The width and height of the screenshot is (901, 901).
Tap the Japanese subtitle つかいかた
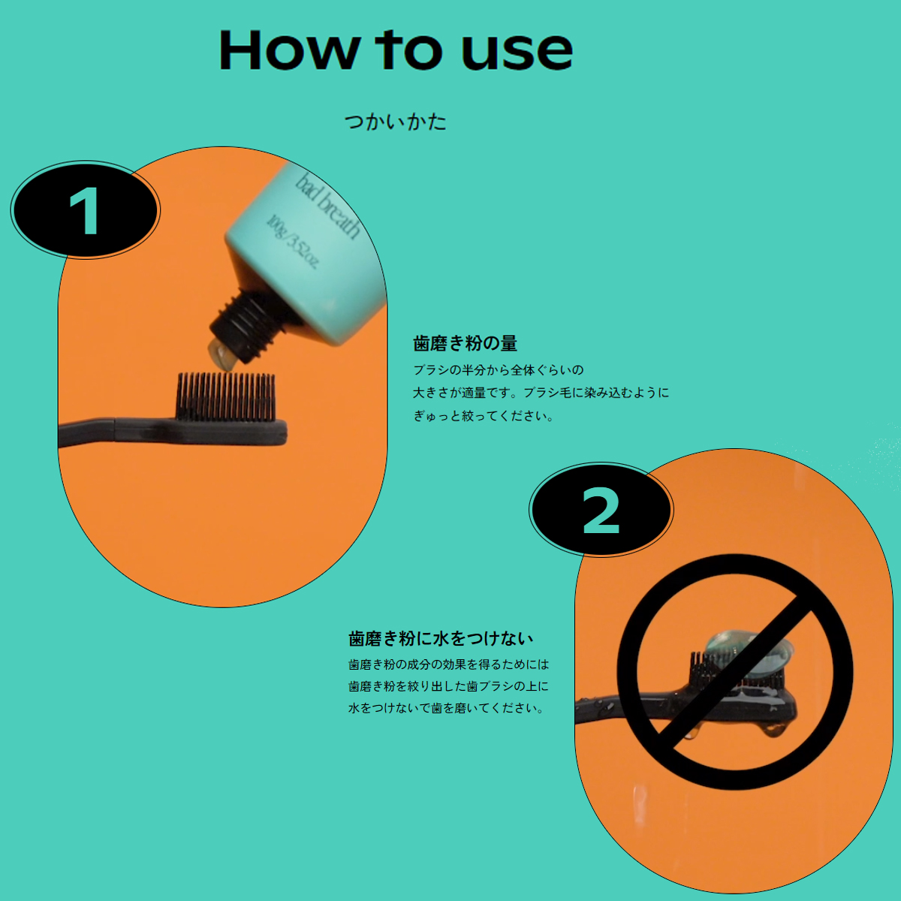coord(396,122)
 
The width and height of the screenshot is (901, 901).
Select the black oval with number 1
coord(85,211)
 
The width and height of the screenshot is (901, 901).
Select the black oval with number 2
coord(601,511)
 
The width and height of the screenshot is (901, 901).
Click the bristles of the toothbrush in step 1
coord(225,396)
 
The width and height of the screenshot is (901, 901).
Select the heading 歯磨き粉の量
coord(465,344)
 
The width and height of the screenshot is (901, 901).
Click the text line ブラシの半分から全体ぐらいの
coord(498,370)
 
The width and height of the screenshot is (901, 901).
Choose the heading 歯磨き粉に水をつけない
coord(441,639)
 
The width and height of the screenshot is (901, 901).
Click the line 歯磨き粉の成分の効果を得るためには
coord(448,664)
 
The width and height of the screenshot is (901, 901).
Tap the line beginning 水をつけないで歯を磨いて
coord(446,708)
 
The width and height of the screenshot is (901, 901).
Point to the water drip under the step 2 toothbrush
coord(773,729)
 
